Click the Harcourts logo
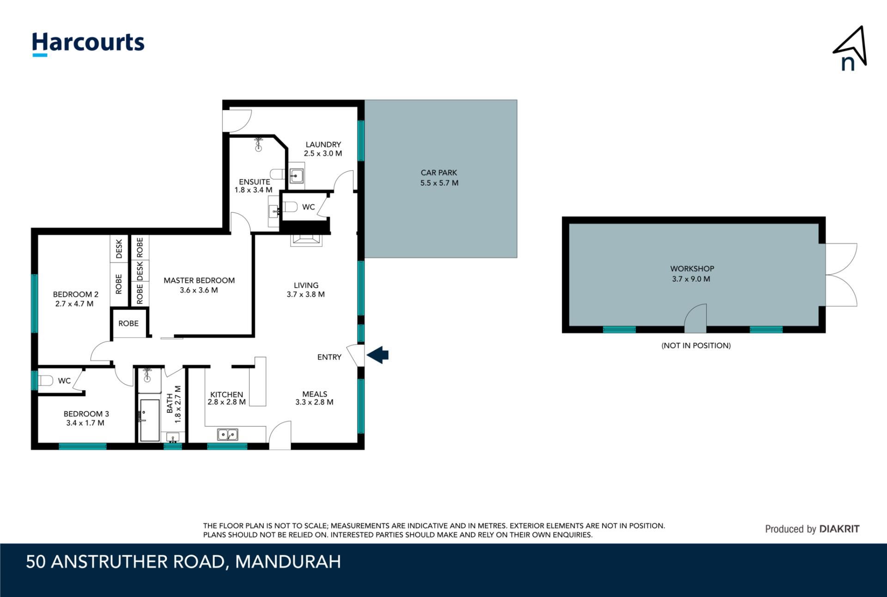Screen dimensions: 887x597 [x=88, y=44]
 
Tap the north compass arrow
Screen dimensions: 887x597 [x=851, y=46]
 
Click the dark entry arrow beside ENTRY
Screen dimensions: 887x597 [x=377, y=355]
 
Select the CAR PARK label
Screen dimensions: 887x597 [x=439, y=173]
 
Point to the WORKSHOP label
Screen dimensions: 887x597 [x=692, y=269]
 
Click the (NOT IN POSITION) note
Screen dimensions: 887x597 [x=696, y=345]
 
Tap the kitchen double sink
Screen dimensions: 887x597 [x=227, y=434]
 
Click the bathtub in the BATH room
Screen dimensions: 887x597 [x=149, y=420]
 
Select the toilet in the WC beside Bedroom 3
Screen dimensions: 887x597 [x=46, y=381]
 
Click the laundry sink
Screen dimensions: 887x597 [x=296, y=176]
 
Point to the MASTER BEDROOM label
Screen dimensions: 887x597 [x=199, y=280]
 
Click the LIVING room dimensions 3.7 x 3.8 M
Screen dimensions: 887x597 [x=305, y=294]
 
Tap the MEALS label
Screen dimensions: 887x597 [x=315, y=394]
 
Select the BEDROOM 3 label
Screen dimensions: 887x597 [x=86, y=414]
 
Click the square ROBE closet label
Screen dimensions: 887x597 [x=128, y=323]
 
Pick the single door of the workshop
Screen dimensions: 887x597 [x=695, y=318]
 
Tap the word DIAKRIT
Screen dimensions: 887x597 [x=839, y=529]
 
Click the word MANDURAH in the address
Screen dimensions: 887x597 [x=288, y=562]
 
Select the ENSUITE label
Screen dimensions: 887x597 [x=255, y=182]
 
